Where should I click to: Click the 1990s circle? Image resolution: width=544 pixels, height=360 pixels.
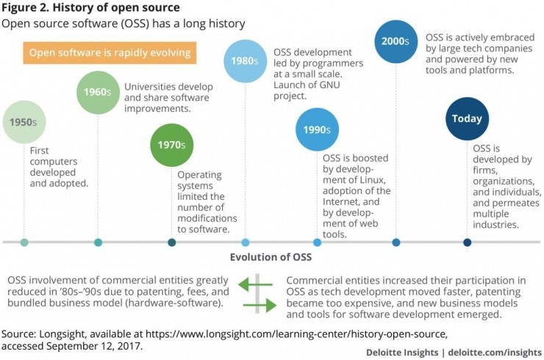317,130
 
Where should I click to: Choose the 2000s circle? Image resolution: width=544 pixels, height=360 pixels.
396,41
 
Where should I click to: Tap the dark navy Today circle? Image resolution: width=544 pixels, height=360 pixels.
467,118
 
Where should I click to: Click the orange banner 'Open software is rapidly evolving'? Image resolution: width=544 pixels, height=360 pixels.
108,53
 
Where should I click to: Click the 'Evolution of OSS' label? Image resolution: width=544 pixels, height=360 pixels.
271,257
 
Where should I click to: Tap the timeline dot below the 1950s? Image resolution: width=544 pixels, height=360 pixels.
25,242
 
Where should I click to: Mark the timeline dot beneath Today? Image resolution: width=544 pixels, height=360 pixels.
467,242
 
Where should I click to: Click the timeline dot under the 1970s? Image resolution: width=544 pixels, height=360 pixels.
172,242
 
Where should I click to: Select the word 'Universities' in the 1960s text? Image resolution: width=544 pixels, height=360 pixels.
151,86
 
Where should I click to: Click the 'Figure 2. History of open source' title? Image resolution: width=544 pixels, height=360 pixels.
90,8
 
